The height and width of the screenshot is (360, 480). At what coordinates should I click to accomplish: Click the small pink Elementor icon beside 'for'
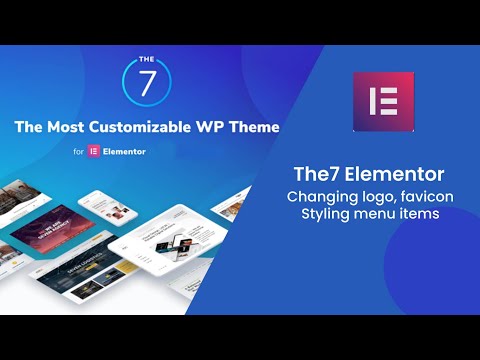(x=95, y=152)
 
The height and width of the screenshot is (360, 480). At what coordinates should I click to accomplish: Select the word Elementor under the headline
(x=129, y=152)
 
